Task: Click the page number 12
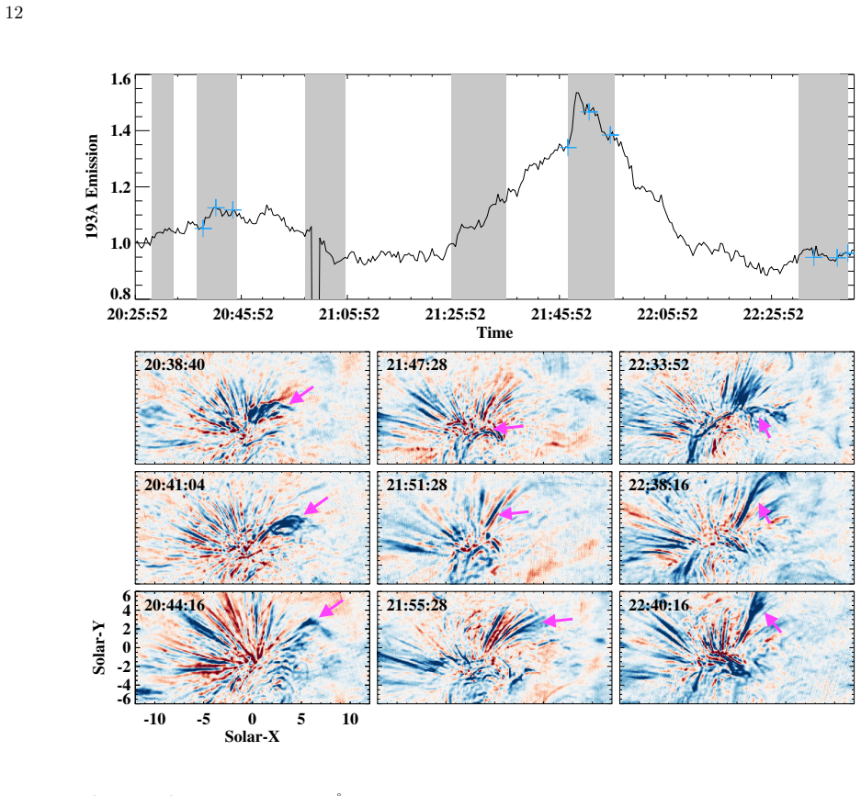15,13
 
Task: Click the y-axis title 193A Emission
92,186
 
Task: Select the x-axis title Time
494,332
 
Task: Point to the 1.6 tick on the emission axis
120,79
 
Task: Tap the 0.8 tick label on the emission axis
120,294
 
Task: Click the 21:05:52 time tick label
349,314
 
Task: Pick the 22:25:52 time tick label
773,314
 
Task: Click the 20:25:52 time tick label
137,314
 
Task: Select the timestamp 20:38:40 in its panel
175,364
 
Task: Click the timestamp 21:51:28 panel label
417,485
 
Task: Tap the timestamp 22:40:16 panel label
659,605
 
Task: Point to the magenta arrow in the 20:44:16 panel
331,608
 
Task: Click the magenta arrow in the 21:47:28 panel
509,427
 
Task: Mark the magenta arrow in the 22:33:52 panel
765,427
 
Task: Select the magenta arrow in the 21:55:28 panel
558,621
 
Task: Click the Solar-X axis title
252,736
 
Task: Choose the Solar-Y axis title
99,648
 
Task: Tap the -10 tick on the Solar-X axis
154,719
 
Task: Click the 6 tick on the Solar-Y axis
127,597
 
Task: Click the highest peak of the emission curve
577,93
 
